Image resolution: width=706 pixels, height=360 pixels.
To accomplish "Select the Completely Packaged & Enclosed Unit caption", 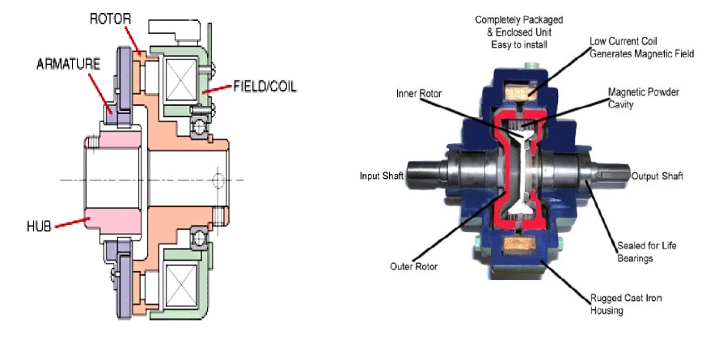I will coord(514,32).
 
